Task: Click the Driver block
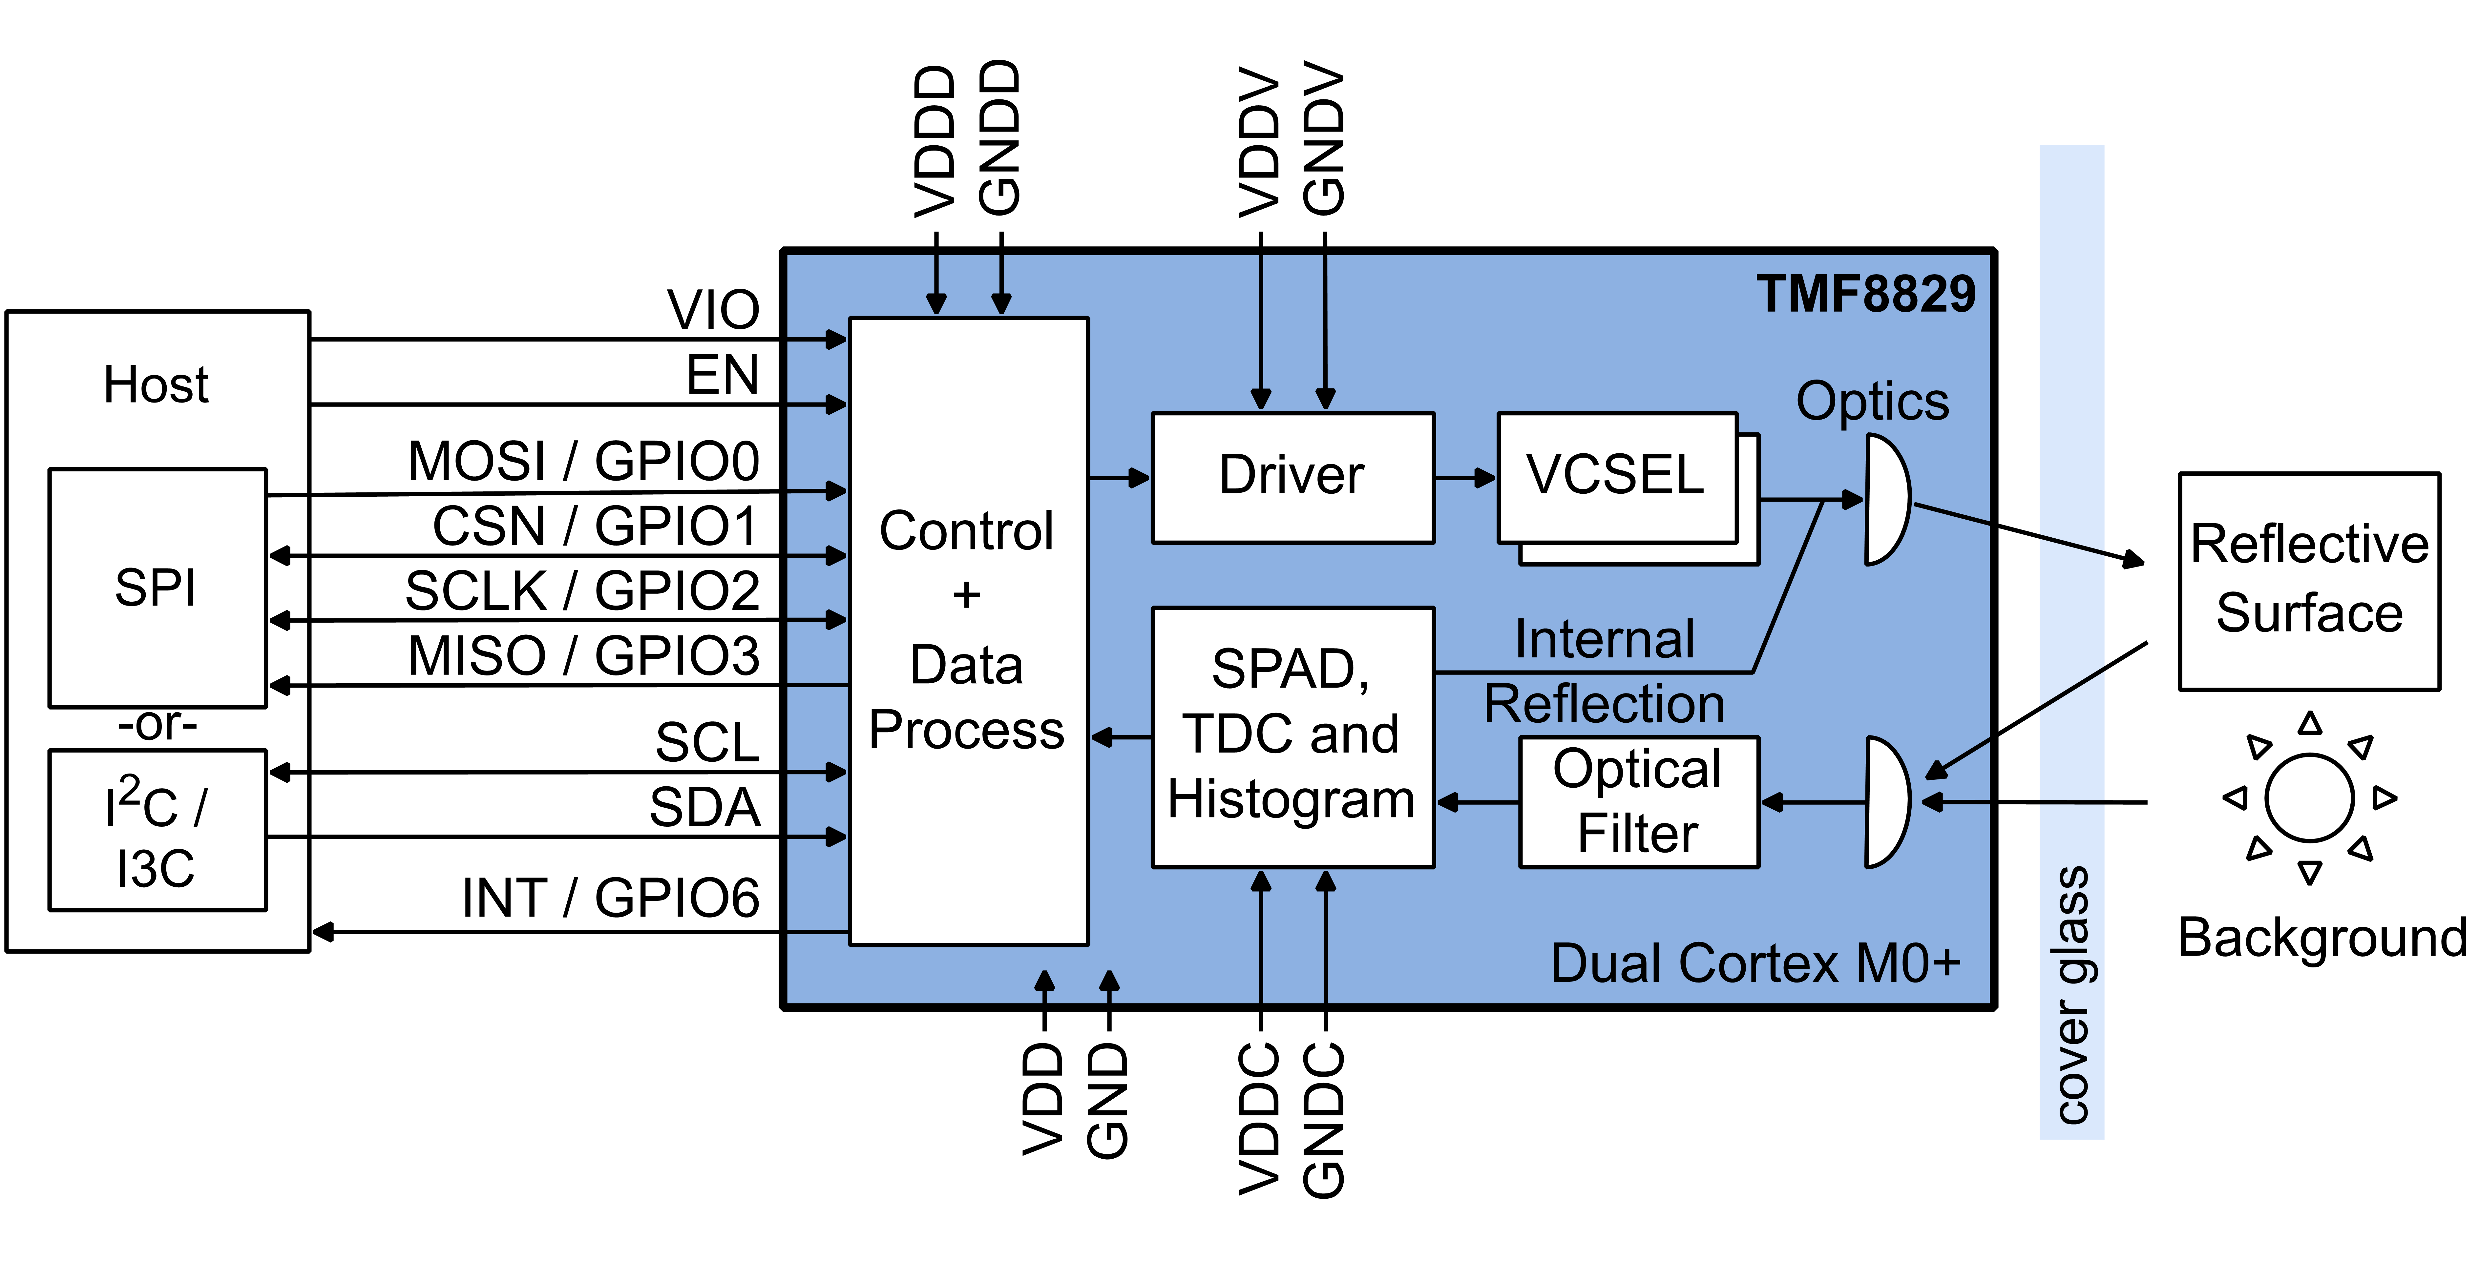[x=1292, y=477]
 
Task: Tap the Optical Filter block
[x=1638, y=802]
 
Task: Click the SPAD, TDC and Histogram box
[x=1292, y=736]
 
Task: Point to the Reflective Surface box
[x=2309, y=580]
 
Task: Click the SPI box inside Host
[x=157, y=587]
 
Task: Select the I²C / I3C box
[x=157, y=830]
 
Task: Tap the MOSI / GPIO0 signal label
[x=583, y=461]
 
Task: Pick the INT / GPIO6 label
[x=610, y=898]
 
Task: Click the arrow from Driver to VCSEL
[x=1465, y=477]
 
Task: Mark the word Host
[x=156, y=385]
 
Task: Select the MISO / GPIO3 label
[x=583, y=656]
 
